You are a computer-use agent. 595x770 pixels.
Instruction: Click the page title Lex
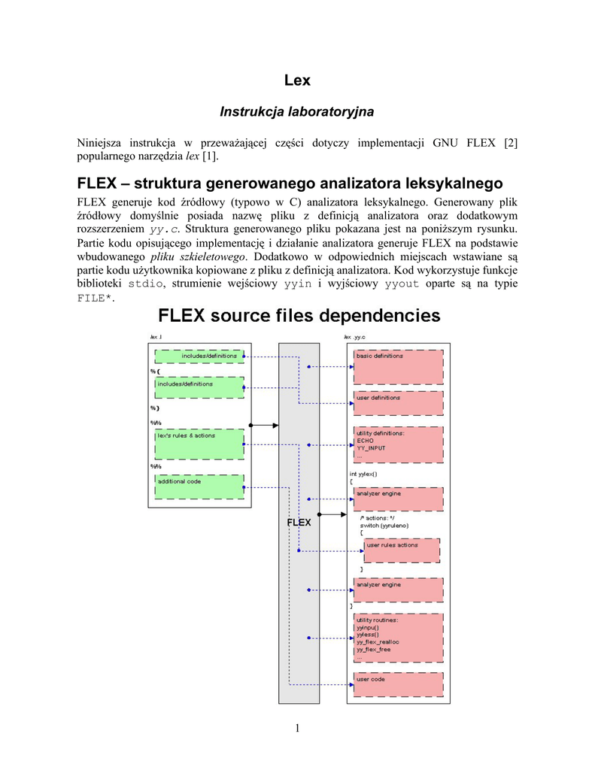pyautogui.click(x=297, y=80)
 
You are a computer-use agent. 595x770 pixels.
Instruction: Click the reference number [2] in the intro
pyautogui.click(x=511, y=143)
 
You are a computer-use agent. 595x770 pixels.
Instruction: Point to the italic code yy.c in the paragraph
pyautogui.click(x=165, y=229)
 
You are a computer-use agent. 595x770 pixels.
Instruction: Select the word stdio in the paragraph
pyautogui.click(x=144, y=283)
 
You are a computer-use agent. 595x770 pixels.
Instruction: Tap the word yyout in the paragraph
pyautogui.click(x=401, y=283)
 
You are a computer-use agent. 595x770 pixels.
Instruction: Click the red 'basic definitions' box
pyautogui.click(x=398, y=366)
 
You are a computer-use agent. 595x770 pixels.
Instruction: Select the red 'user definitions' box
pyautogui.click(x=398, y=403)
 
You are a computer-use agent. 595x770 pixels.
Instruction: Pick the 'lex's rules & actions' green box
pyautogui.click(x=199, y=444)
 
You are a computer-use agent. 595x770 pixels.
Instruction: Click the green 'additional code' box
pyautogui.click(x=199, y=487)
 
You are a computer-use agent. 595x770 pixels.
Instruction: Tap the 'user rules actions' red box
pyautogui.click(x=401, y=550)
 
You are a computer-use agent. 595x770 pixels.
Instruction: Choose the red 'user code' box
pyautogui.click(x=398, y=684)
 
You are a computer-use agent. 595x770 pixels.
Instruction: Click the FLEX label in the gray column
pyautogui.click(x=299, y=523)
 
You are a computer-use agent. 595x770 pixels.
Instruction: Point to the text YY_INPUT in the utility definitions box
pyautogui.click(x=371, y=448)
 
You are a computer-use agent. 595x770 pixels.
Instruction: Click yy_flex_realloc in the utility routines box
pyautogui.click(x=378, y=641)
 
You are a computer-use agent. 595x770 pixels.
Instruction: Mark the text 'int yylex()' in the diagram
pyautogui.click(x=363, y=474)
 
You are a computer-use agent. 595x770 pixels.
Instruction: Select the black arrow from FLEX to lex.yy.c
pyautogui.click(x=332, y=514)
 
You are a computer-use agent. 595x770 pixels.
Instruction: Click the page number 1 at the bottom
pyautogui.click(x=297, y=727)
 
